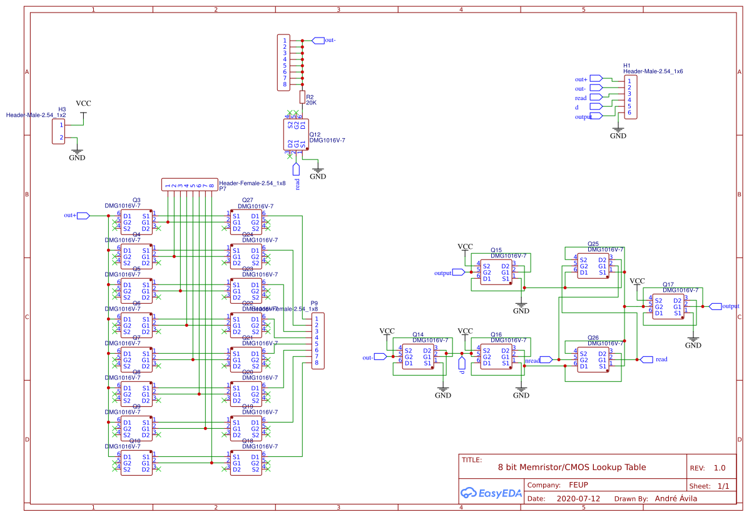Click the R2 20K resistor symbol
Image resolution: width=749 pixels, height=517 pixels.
click(x=302, y=97)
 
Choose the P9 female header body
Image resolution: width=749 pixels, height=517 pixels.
click(x=318, y=341)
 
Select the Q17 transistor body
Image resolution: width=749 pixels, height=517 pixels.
click(x=668, y=306)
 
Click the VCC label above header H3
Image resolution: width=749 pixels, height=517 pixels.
click(x=83, y=104)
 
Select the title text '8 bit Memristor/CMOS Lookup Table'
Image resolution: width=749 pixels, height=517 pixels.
click(x=572, y=467)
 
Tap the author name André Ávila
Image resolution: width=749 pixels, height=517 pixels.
click(x=675, y=499)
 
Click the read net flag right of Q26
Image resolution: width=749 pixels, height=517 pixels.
click(x=645, y=359)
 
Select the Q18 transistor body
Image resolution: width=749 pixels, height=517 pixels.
click(x=246, y=463)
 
